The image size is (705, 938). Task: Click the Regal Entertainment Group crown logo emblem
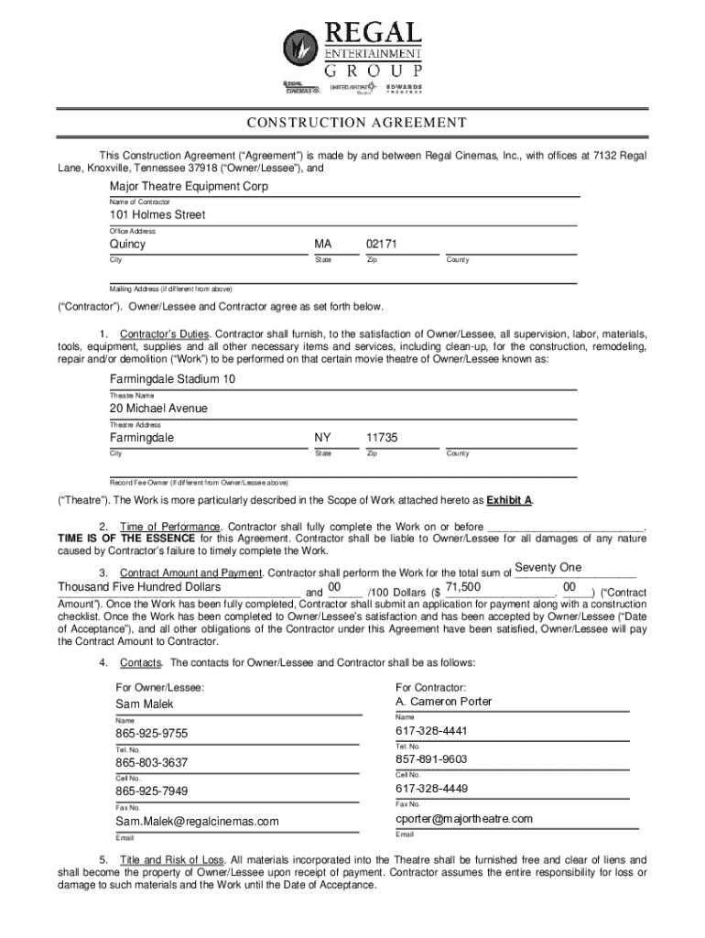click(300, 46)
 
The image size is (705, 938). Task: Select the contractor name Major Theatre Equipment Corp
click(189, 186)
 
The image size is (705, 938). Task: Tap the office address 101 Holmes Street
click(157, 214)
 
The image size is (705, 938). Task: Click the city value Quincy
click(128, 245)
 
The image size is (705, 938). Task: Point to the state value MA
click(322, 245)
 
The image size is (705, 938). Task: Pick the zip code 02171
click(382, 245)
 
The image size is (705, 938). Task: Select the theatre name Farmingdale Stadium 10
click(172, 379)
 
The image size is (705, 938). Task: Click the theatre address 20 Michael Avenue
click(158, 408)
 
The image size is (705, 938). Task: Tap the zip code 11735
click(382, 438)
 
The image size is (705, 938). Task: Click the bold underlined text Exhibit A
click(510, 500)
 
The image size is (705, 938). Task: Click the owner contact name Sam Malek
click(144, 704)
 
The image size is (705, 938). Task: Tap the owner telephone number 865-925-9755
click(151, 734)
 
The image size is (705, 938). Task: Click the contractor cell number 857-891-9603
click(431, 759)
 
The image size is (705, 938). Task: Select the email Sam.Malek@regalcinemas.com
click(197, 822)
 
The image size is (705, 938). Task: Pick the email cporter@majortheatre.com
click(463, 819)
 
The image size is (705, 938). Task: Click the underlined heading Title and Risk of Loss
click(171, 860)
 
